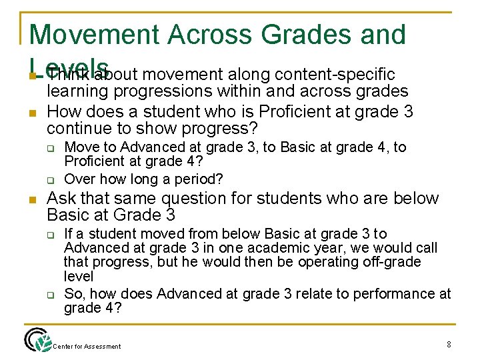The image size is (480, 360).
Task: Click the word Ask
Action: click(x=62, y=199)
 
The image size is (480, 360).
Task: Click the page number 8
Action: click(x=448, y=345)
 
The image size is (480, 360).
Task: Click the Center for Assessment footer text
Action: click(x=87, y=346)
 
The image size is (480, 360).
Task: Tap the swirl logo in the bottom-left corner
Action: click(x=37, y=340)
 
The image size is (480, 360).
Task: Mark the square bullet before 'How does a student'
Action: click(x=32, y=111)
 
